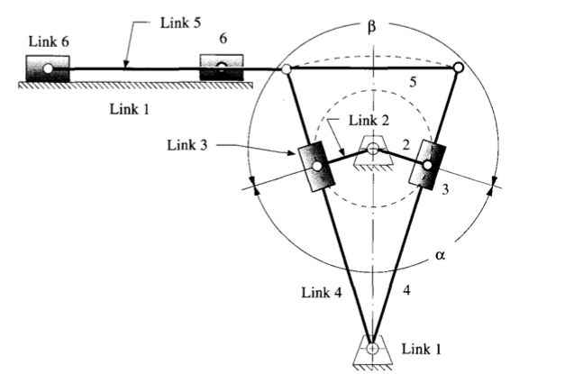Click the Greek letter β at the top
pos(372,26)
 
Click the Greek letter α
pos(441,255)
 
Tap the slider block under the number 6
pos(222,68)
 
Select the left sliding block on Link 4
pos(316,166)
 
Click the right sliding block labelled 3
pos(427,163)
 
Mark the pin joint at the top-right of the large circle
pos(458,68)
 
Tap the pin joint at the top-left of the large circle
pos(286,68)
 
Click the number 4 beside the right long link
pos(406,290)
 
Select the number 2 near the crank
pos(406,142)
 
